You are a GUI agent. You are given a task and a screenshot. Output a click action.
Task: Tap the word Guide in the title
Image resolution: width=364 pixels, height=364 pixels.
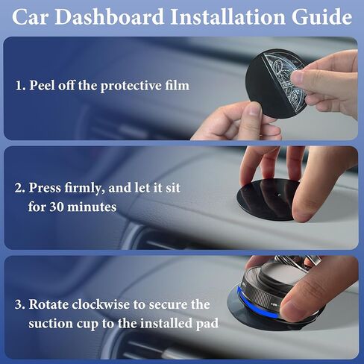coord(322,17)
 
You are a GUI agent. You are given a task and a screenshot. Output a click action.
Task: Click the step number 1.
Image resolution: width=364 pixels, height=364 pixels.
coord(20,86)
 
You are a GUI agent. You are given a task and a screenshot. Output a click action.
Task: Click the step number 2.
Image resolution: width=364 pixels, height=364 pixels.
coord(20,188)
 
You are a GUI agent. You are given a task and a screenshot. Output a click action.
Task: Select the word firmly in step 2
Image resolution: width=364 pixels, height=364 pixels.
coord(84,189)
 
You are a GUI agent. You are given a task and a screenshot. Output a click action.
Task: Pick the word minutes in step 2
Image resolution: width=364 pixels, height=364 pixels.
coord(92,207)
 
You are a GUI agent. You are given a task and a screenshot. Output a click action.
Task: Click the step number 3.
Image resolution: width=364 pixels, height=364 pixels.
coord(20,305)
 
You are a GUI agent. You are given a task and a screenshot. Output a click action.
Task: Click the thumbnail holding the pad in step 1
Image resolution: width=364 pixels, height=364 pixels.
coord(254,109)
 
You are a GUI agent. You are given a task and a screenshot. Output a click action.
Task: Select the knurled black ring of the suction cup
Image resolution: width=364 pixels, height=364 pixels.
coord(261,298)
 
